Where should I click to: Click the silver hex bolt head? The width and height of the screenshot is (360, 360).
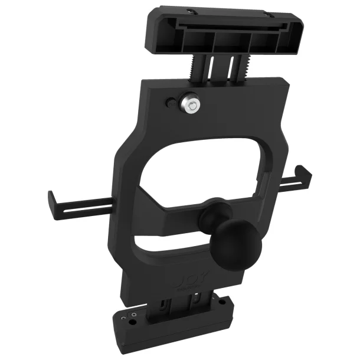point(190,104)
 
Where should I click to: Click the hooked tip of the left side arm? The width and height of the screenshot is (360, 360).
point(50,199)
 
